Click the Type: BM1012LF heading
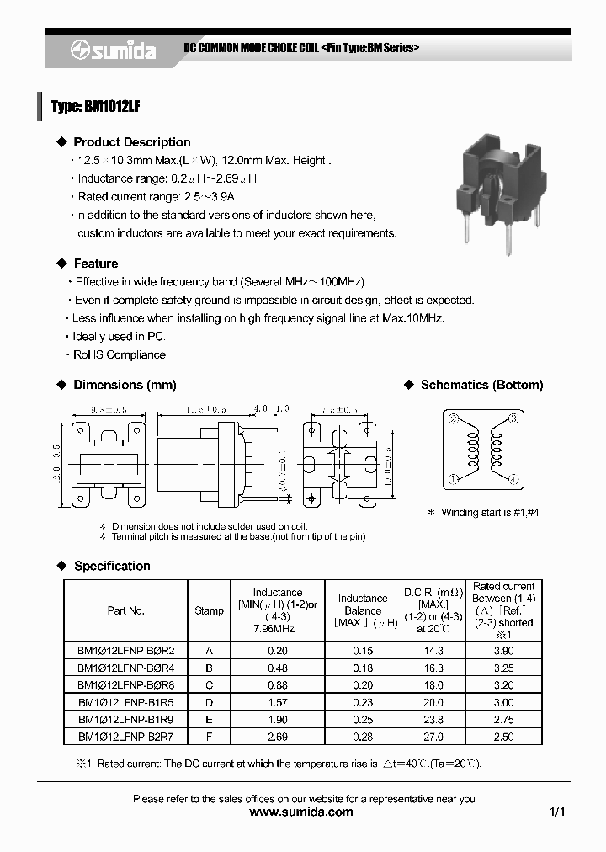tap(94, 107)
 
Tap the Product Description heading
tap(131, 142)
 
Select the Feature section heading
tap(95, 264)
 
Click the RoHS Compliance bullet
tap(119, 354)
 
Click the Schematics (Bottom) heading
tap(481, 385)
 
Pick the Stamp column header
tap(210, 610)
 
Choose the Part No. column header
tap(125, 610)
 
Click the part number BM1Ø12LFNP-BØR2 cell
tap(125, 650)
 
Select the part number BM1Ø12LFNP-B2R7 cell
tap(125, 737)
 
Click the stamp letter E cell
tap(210, 720)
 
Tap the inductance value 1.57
tap(277, 702)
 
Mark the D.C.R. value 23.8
tap(433, 720)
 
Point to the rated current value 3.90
tap(503, 650)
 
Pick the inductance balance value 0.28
tap(363, 737)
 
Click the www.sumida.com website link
tap(302, 812)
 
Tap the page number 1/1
tap(557, 812)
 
